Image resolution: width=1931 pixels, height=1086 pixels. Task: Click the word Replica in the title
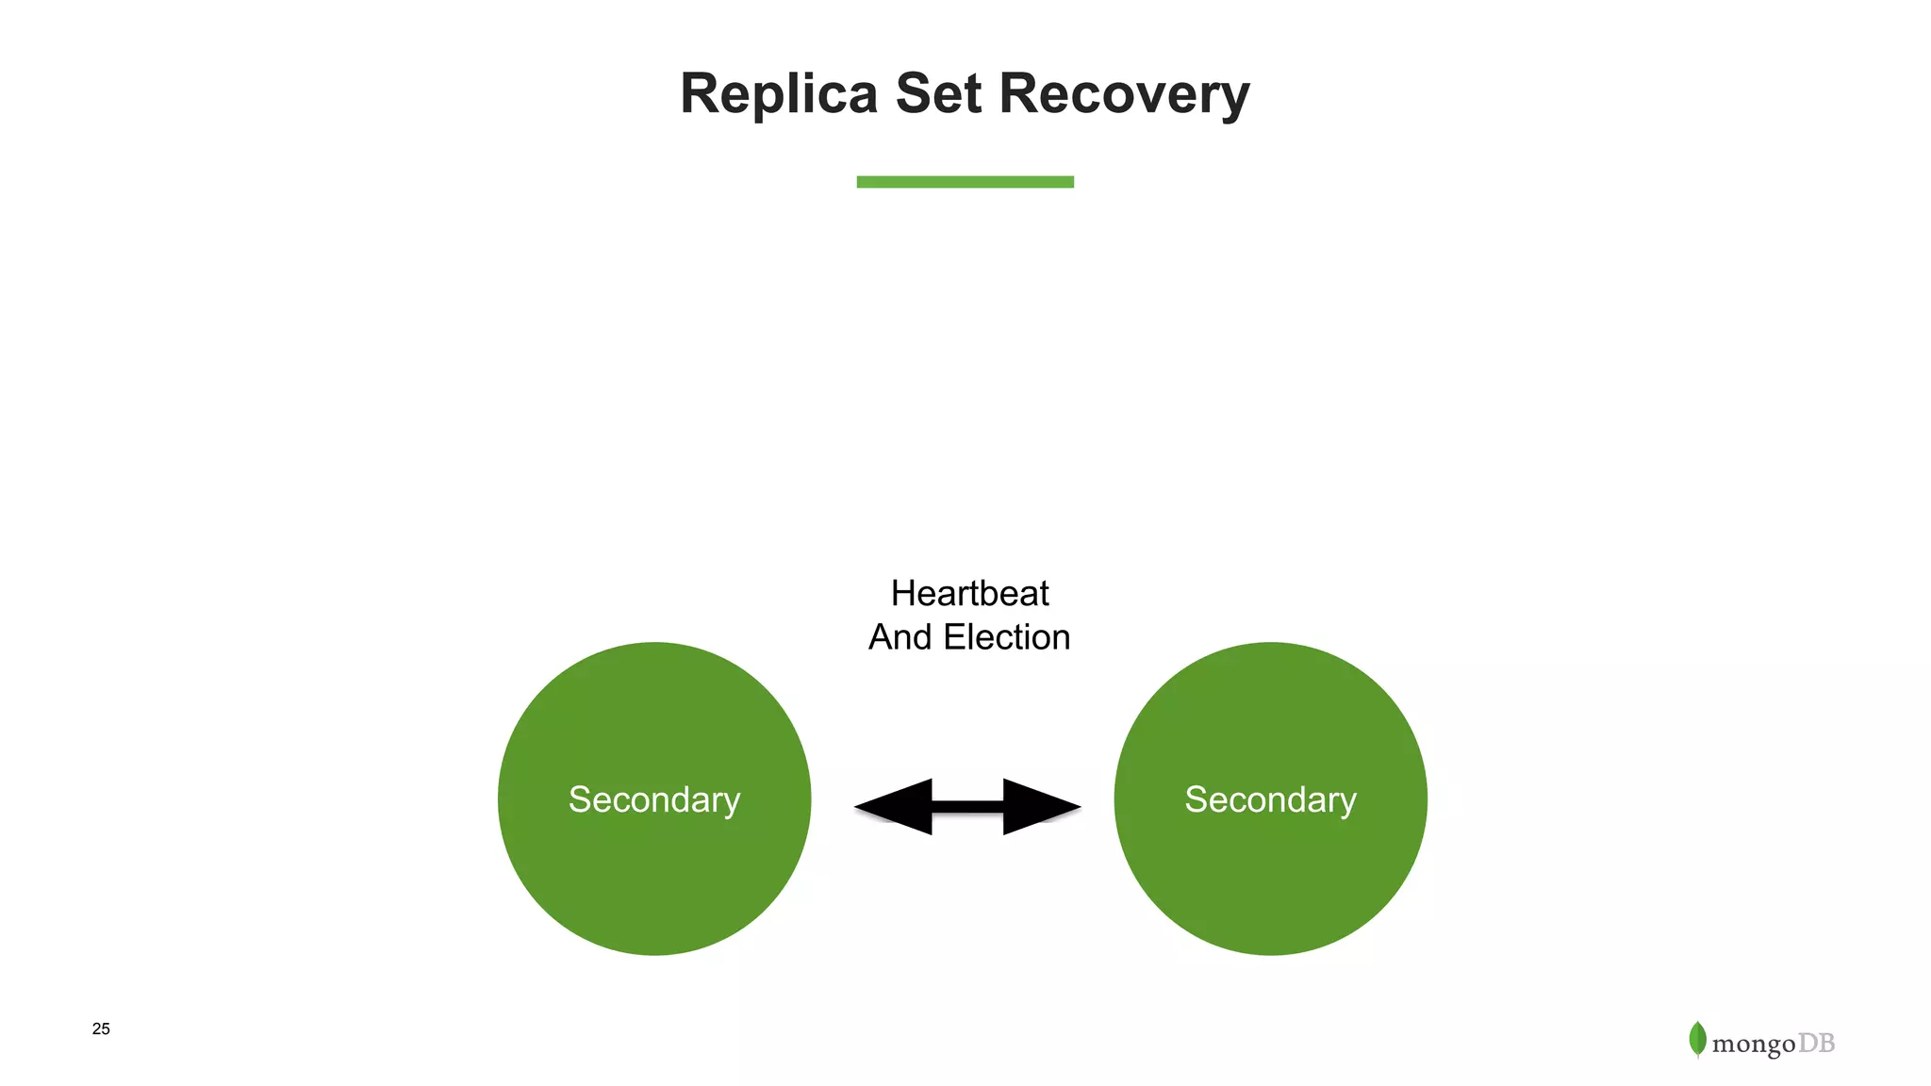pyautogui.click(x=779, y=94)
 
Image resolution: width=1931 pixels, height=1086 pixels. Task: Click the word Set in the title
pyautogui.click(x=938, y=94)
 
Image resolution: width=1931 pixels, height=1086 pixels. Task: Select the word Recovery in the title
pyautogui.click(x=1124, y=94)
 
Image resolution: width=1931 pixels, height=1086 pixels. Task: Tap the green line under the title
pyautogui.click(x=965, y=182)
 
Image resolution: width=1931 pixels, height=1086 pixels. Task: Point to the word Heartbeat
pyautogui.click(x=969, y=594)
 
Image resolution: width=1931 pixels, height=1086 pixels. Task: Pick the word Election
pyautogui.click(x=1007, y=638)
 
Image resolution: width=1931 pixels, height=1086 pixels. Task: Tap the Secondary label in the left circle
pyautogui.click(x=654, y=799)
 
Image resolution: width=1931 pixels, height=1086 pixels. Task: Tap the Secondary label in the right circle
pyautogui.click(x=1270, y=799)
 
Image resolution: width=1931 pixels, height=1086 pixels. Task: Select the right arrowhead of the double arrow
pyautogui.click(x=1041, y=807)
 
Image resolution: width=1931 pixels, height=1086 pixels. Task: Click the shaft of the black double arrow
pyautogui.click(x=967, y=807)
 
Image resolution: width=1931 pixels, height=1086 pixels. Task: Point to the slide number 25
pyautogui.click(x=101, y=1028)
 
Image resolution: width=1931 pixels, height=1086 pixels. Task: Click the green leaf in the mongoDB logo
pyautogui.click(x=1698, y=1039)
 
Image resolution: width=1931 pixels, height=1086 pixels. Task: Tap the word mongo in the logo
pyautogui.click(x=1753, y=1045)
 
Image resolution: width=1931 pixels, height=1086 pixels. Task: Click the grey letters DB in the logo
pyautogui.click(x=1816, y=1044)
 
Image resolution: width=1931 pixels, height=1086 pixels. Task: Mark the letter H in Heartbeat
pyautogui.click(x=903, y=594)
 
